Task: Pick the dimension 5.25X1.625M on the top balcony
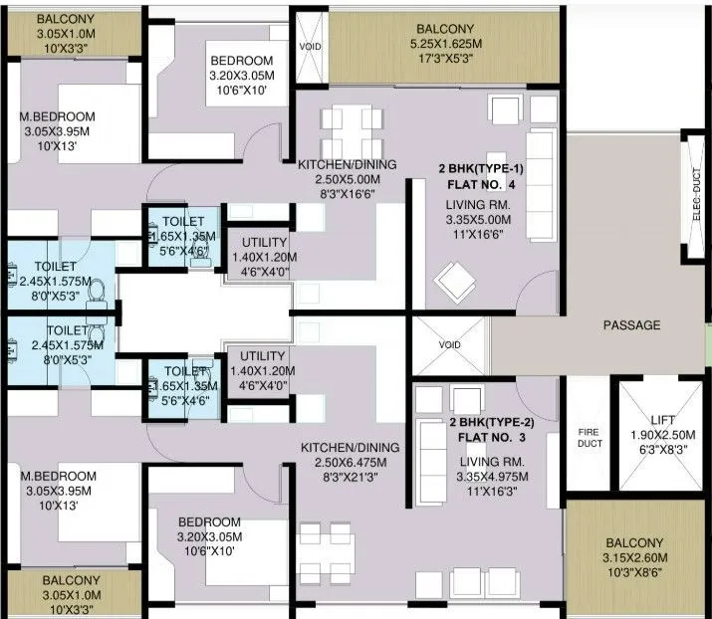[x=445, y=45]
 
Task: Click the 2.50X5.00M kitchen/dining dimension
[x=348, y=180]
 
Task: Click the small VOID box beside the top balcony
[x=311, y=47]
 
